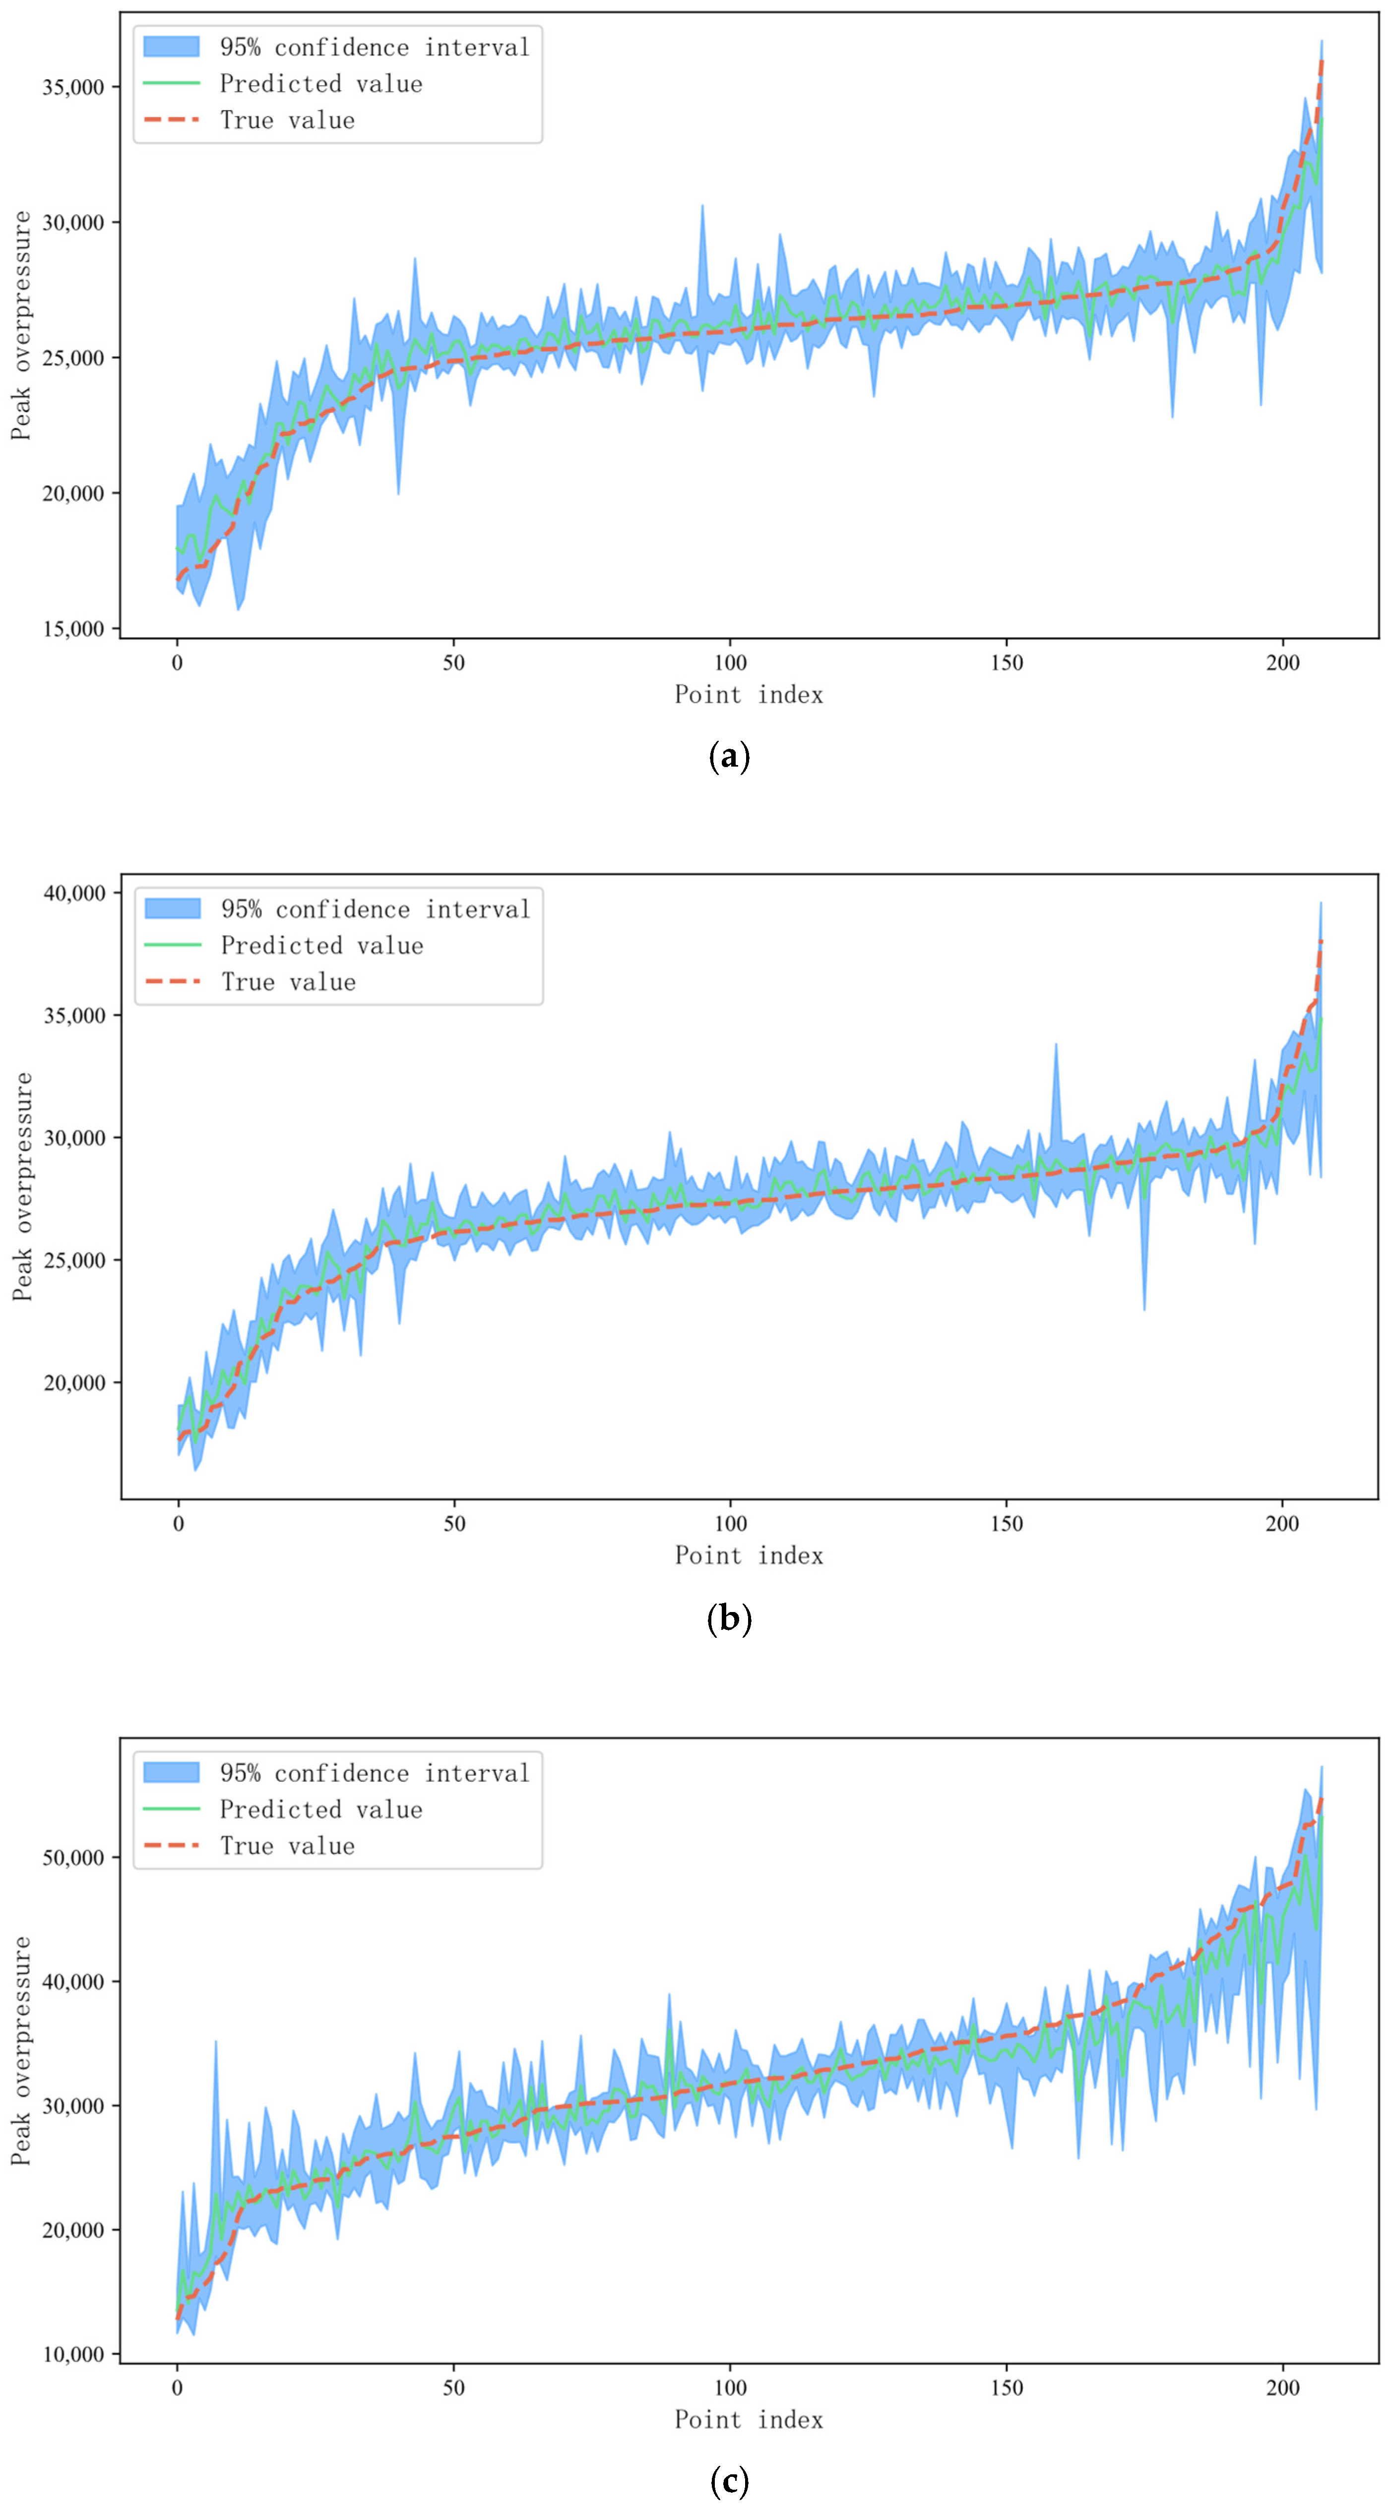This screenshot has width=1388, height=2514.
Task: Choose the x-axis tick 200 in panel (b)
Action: [x=1282, y=1523]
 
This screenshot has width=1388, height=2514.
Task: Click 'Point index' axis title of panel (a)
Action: [x=749, y=695]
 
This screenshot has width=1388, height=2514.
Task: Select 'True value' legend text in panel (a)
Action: [x=287, y=120]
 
